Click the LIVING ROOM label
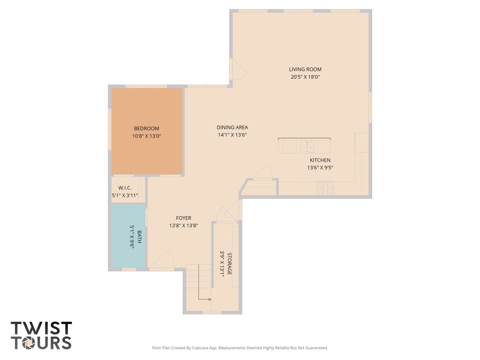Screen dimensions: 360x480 [305, 69]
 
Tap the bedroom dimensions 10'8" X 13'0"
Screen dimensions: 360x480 [146, 136]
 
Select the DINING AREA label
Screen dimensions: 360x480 [232, 127]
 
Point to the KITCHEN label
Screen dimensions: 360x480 [320, 160]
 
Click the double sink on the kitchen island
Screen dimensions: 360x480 [307, 147]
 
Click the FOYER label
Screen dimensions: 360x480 [183, 218]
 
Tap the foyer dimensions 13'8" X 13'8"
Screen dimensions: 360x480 [183, 225]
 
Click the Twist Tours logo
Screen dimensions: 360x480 [41, 335]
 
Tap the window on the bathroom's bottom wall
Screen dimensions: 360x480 [128, 270]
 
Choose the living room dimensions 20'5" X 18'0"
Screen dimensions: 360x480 [305, 77]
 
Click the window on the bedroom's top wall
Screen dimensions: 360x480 [146, 86]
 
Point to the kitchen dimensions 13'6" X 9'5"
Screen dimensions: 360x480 [320, 168]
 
